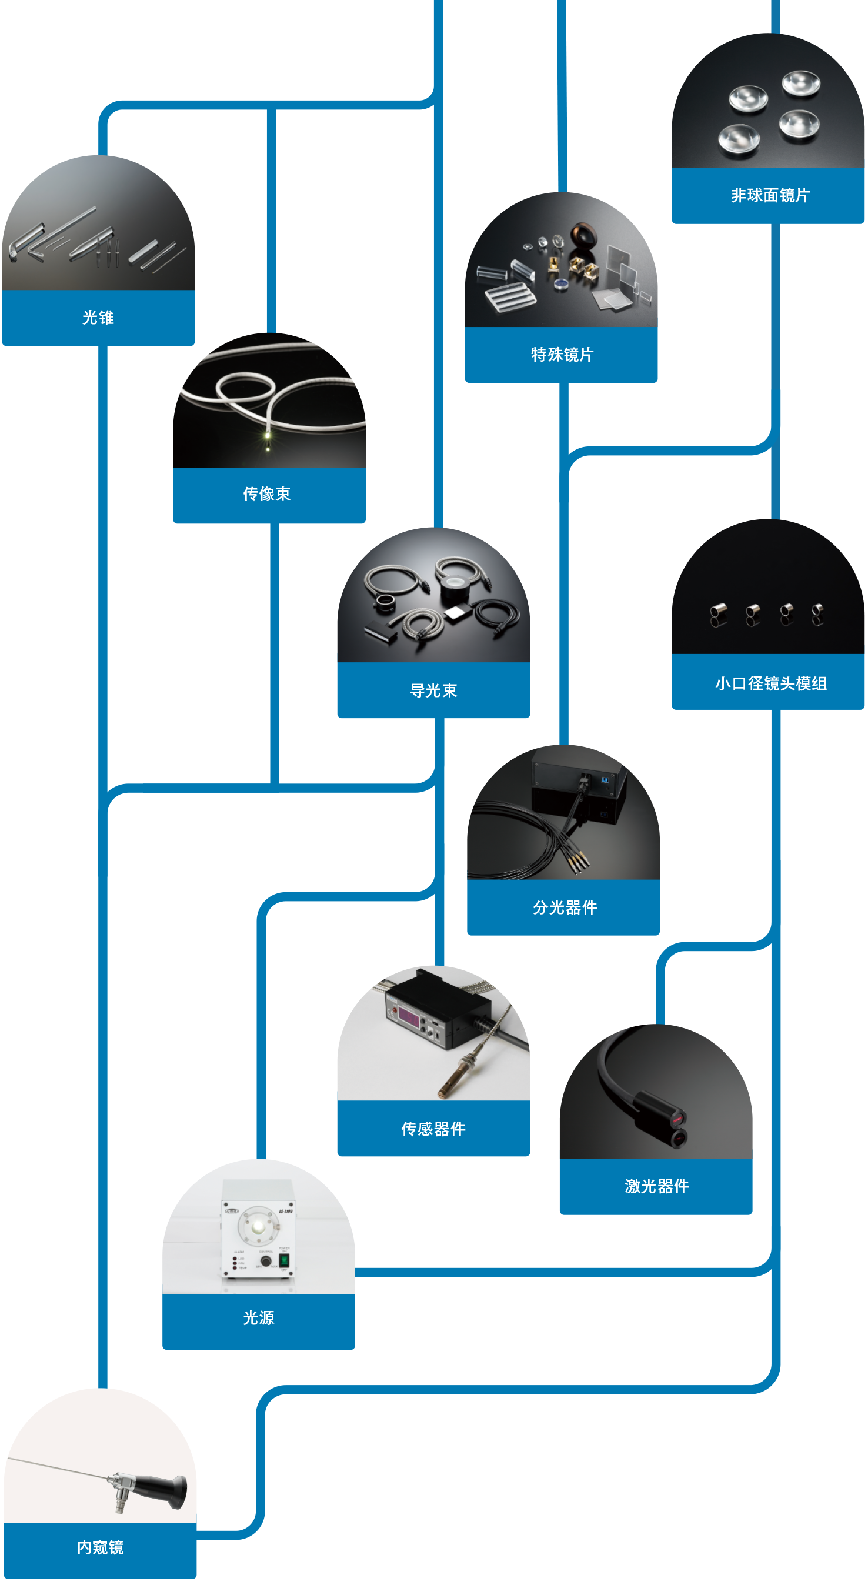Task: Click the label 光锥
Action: click(x=98, y=318)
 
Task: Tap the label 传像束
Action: click(x=266, y=494)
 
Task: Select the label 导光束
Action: click(x=433, y=690)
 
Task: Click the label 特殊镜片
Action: click(x=562, y=355)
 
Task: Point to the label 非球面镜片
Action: click(x=770, y=195)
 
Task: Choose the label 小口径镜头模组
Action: click(x=770, y=683)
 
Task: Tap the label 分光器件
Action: click(x=565, y=907)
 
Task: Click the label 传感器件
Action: click(x=433, y=1129)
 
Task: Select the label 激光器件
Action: click(x=656, y=1186)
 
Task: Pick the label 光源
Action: click(x=258, y=1317)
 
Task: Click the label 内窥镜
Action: click(x=101, y=1547)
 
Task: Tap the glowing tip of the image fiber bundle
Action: click(x=268, y=436)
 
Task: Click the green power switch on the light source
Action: click(x=284, y=1260)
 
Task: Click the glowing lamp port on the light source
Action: click(x=258, y=1226)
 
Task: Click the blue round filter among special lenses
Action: click(x=560, y=283)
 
